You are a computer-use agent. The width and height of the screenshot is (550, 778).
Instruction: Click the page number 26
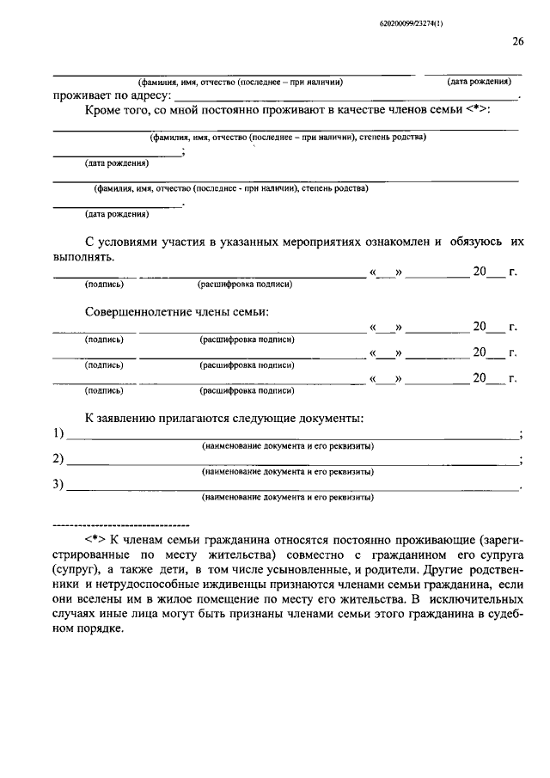point(517,41)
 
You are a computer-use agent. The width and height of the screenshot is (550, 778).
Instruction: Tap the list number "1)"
point(58,432)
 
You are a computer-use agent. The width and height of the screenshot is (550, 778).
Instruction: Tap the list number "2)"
point(58,458)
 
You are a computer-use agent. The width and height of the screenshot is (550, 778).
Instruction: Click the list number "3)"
point(58,484)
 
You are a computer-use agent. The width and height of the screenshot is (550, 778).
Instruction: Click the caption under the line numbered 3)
point(288,497)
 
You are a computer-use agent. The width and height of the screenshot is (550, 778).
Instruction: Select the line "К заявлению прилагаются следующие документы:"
point(223,418)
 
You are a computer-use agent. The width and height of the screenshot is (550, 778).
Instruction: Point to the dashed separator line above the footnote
point(120,523)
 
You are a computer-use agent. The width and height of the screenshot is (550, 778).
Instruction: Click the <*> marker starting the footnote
point(95,538)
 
